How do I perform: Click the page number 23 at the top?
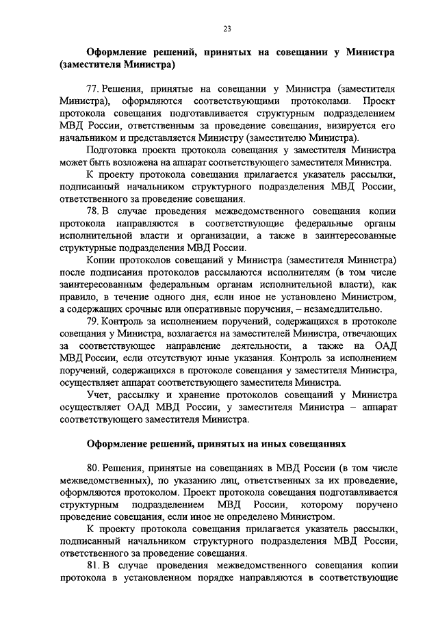click(x=227, y=28)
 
